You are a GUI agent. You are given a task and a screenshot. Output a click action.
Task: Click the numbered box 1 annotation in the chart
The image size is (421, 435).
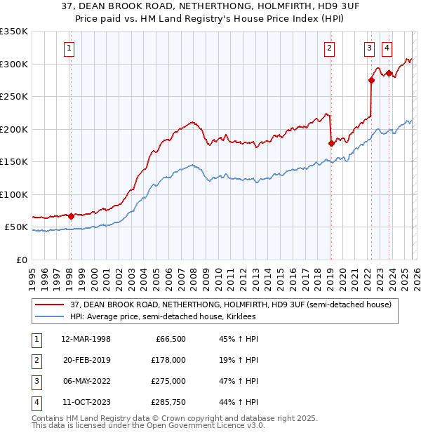coord(70,48)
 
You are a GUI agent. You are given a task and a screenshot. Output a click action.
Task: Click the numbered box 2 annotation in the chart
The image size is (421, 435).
coord(329,48)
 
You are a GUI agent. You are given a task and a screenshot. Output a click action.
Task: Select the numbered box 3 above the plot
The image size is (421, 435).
coord(369,48)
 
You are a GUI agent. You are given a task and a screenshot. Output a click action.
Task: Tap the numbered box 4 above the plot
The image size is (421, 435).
coord(387,48)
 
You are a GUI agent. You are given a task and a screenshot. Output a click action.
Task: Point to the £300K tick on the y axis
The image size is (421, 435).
coord(14,64)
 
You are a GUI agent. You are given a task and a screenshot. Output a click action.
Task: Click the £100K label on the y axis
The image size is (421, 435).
coord(14,194)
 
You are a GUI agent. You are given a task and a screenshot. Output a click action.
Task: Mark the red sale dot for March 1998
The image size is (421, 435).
coord(71,216)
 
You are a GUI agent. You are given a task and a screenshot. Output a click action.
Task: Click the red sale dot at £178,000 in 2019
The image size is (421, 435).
coord(331,143)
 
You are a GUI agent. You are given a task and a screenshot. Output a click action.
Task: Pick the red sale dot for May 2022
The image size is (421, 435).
coord(371,80)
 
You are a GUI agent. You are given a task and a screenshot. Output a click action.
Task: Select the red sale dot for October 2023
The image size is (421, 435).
coord(389,73)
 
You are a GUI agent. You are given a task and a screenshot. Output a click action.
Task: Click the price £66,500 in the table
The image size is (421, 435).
coord(169,339)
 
